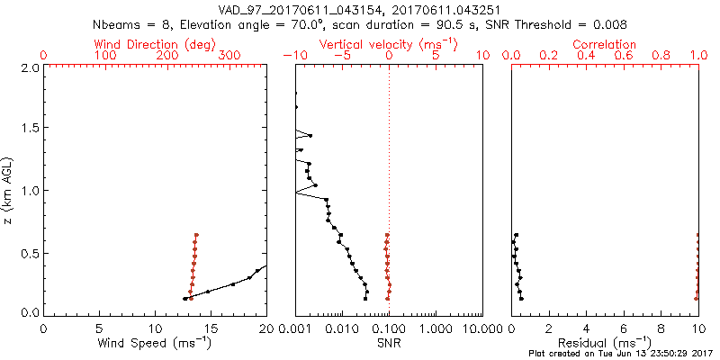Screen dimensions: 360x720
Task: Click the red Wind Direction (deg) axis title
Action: [155, 44]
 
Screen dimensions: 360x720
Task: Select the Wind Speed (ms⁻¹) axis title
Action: [155, 343]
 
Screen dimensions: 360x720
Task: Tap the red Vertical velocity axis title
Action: [388, 44]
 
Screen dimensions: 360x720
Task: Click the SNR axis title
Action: [388, 343]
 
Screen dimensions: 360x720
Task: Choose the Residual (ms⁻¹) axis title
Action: [605, 343]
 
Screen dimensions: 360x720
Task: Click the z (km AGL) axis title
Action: [8, 190]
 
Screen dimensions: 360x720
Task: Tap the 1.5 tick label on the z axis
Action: [30, 129]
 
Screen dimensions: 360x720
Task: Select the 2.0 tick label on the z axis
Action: [30, 67]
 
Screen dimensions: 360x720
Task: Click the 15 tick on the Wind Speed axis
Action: [211, 328]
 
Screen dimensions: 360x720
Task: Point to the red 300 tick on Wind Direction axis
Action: [229, 56]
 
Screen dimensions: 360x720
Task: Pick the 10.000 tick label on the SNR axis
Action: [482, 328]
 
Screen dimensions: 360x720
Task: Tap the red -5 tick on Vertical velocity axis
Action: [339, 56]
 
